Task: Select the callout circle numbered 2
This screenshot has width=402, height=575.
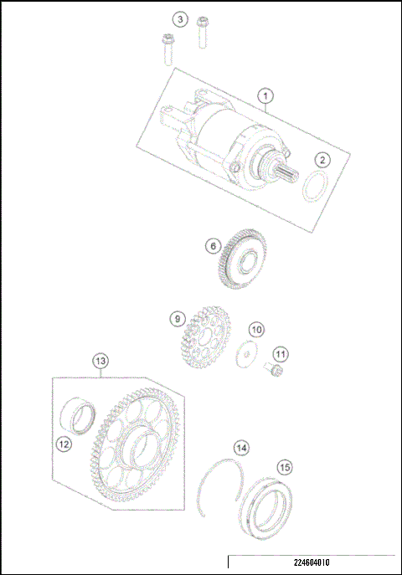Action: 322,159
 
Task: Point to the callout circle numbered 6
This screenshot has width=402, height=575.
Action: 213,246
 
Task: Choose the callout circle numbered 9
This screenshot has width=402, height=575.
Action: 177,319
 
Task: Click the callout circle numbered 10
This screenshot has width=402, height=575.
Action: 256,330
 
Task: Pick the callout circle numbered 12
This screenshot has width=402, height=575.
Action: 64,444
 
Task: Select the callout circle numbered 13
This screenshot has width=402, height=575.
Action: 100,361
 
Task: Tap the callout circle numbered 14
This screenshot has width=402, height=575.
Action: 241,448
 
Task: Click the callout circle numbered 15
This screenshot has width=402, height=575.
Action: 285,466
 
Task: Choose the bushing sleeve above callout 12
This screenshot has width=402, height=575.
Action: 81,417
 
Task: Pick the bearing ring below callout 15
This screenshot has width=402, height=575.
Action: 273,506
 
